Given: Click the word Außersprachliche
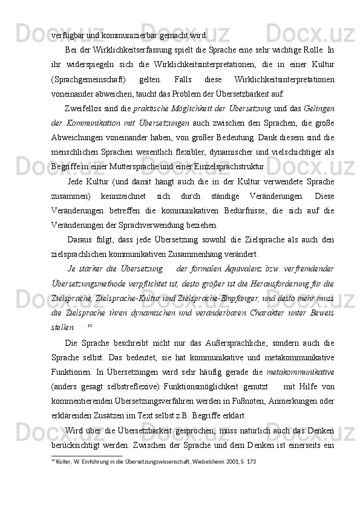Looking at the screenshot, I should tap(221, 343).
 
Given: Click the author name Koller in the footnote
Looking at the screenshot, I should tap(65, 461).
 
